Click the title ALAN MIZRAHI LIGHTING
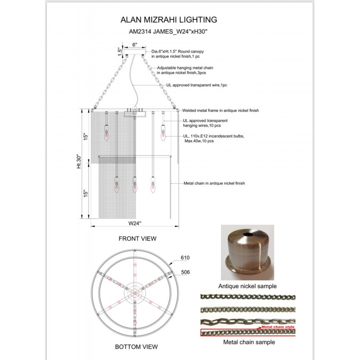click(x=169, y=20)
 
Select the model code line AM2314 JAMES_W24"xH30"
click(x=169, y=32)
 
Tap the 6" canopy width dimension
click(x=135, y=45)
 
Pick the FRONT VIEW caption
click(x=137, y=238)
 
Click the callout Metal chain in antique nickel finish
click(x=214, y=183)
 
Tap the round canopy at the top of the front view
click(x=135, y=53)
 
